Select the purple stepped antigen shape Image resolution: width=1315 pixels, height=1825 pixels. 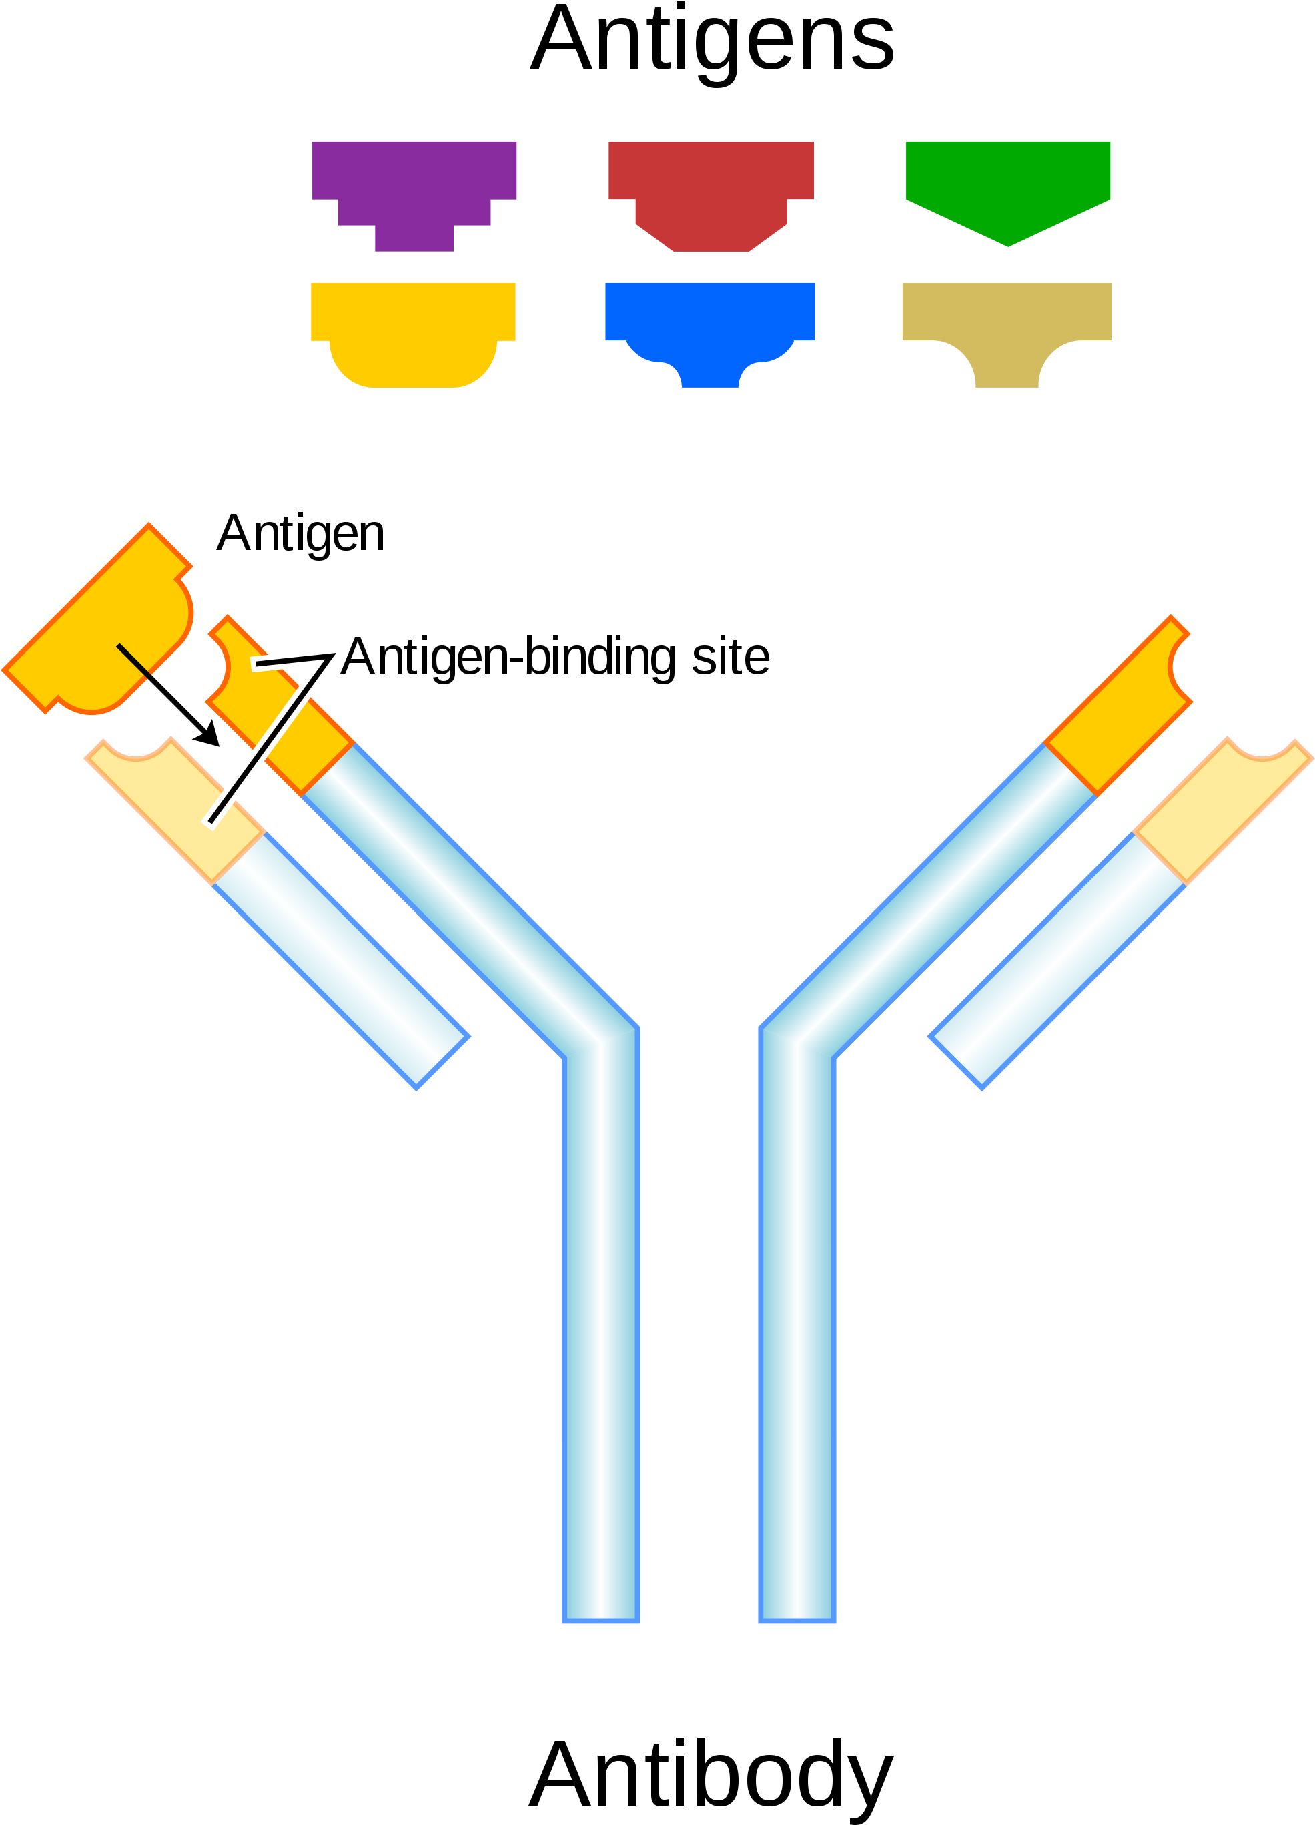point(414,196)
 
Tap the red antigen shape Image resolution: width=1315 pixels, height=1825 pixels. point(711,196)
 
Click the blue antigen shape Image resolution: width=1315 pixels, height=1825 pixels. point(710,336)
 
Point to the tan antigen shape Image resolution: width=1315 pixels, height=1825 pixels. point(1007,336)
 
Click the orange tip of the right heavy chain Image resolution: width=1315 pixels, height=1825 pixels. point(1119,706)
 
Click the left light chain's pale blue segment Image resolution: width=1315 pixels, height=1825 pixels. point(341,961)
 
